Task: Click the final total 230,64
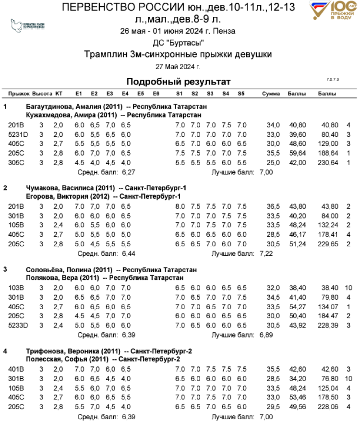[327, 162]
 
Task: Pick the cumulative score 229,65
[327, 243]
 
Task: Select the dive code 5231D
[18, 134]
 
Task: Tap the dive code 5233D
[18, 325]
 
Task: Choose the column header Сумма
[271, 93]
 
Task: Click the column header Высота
[42, 93]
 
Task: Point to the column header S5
[241, 93]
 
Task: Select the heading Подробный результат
[179, 82]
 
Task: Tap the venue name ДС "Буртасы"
[178, 42]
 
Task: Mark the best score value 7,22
[266, 253]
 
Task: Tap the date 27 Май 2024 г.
[178, 66]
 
